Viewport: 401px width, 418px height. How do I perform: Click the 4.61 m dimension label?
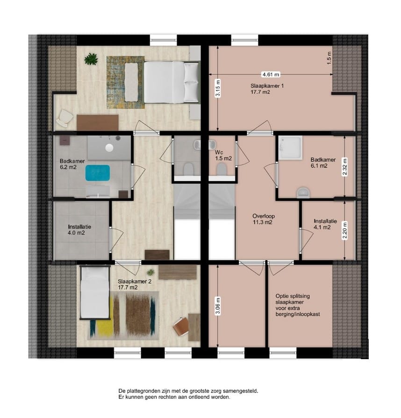click(271, 74)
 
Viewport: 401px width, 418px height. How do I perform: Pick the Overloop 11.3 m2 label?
click(262, 220)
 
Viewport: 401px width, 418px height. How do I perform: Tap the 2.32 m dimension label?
click(345, 166)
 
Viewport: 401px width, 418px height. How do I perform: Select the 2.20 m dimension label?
click(345, 230)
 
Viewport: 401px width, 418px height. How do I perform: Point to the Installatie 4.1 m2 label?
click(322, 224)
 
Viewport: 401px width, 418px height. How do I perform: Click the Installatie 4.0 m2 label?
click(79, 229)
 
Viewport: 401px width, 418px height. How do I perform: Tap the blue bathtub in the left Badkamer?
click(98, 173)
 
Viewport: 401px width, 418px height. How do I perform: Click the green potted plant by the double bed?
click(91, 59)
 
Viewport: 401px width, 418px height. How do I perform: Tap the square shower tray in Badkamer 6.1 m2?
click(291, 146)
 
